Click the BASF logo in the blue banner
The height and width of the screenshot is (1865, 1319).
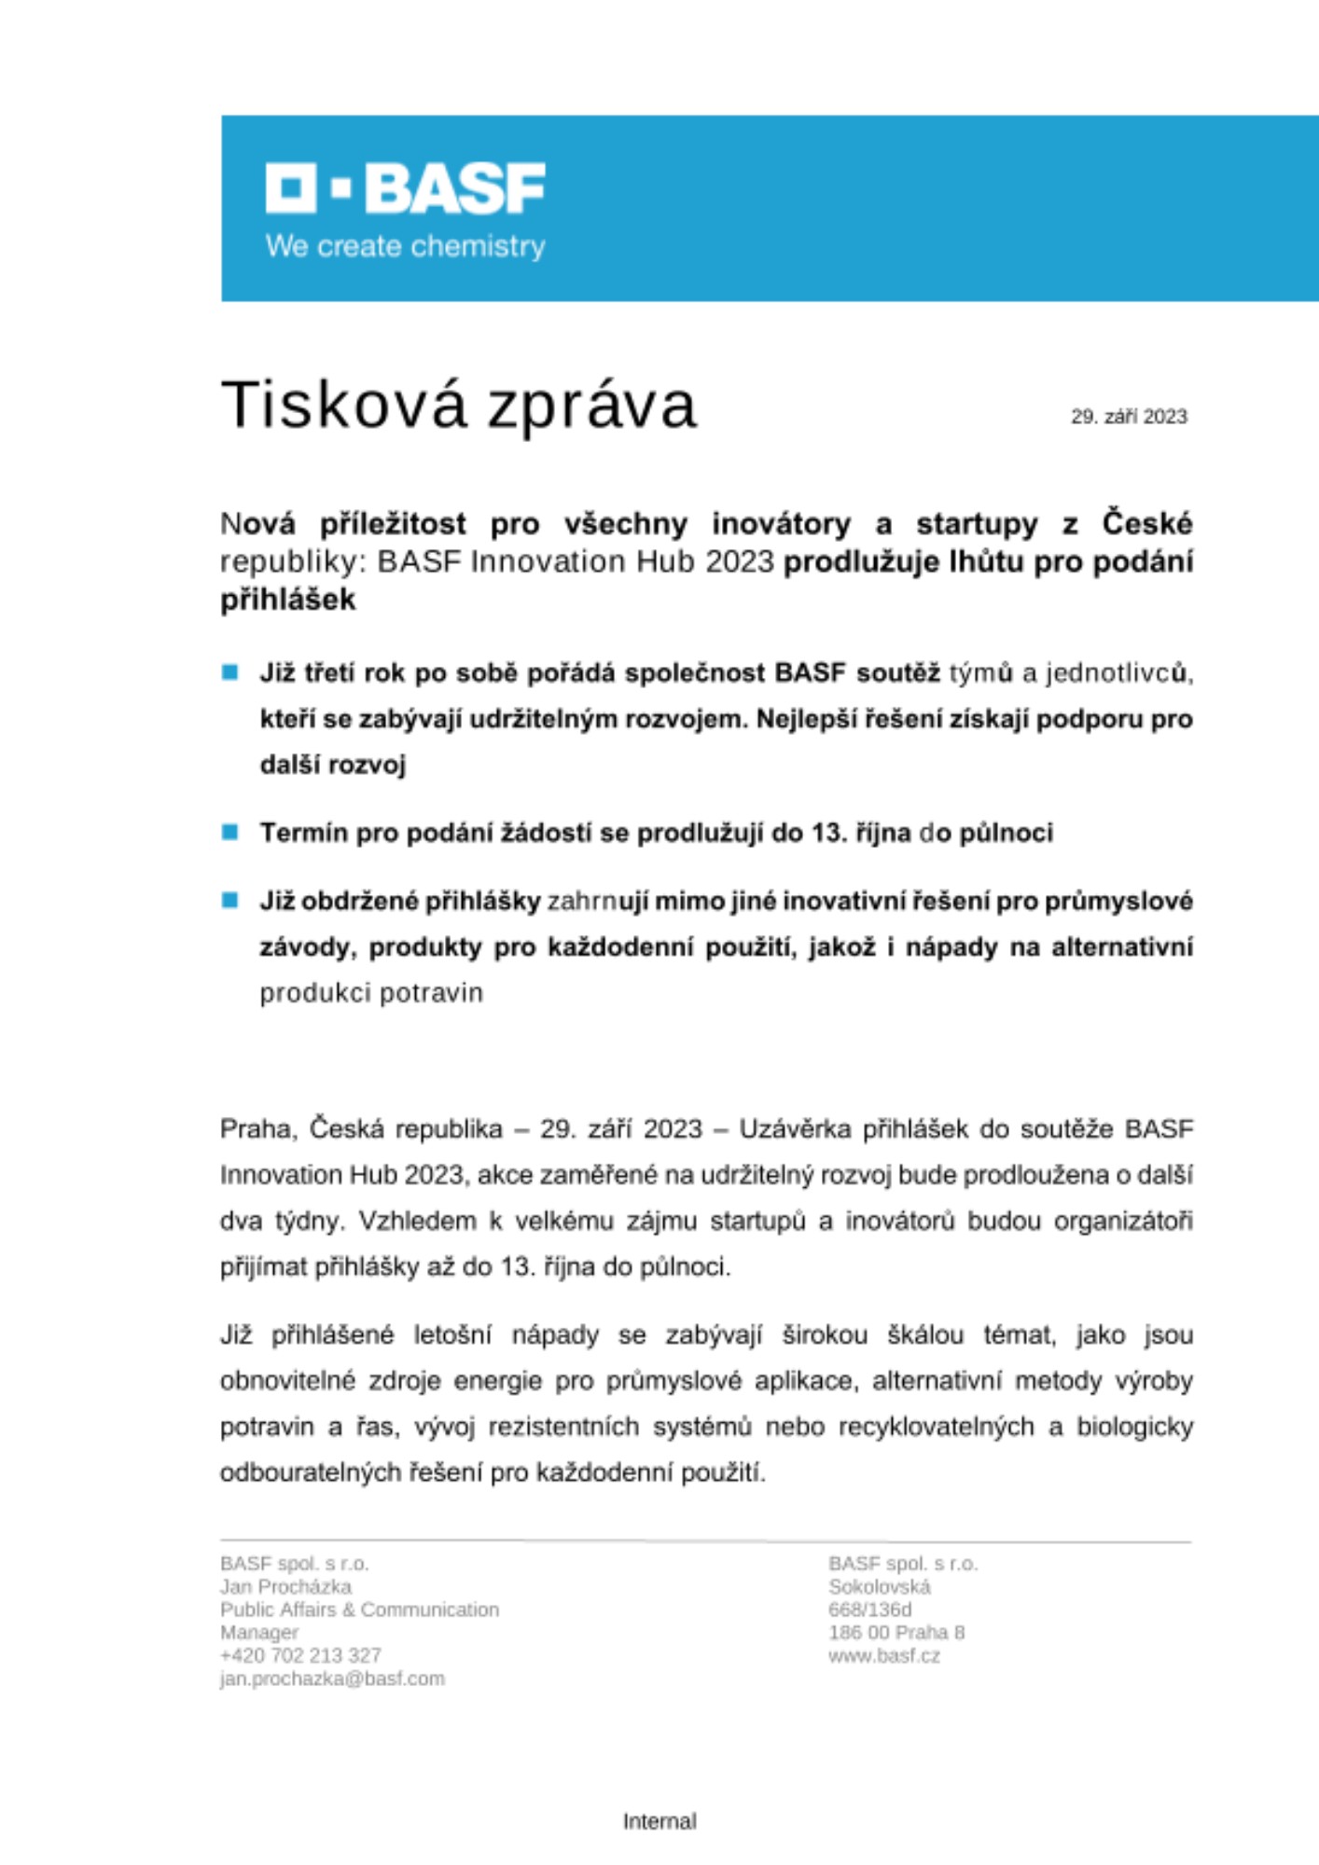405,187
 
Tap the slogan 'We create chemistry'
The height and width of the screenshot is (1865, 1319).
405,246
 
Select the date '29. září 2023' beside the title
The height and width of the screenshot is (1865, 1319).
1129,417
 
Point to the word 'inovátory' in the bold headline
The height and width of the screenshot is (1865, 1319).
781,524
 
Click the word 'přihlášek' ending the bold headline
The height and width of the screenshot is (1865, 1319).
287,600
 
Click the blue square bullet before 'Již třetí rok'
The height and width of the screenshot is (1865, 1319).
230,672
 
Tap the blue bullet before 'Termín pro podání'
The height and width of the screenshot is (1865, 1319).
230,832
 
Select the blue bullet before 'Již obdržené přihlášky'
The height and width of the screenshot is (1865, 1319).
230,900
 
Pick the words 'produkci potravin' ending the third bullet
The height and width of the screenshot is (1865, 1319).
371,993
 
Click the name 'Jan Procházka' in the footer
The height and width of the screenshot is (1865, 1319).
285,1586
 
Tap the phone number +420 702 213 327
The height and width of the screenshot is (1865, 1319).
300,1655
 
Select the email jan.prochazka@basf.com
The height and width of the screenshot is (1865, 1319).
332,1678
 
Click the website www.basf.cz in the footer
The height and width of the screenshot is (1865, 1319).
883,1656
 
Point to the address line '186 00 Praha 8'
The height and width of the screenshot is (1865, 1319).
896,1633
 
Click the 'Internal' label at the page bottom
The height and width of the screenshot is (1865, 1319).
659,1821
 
